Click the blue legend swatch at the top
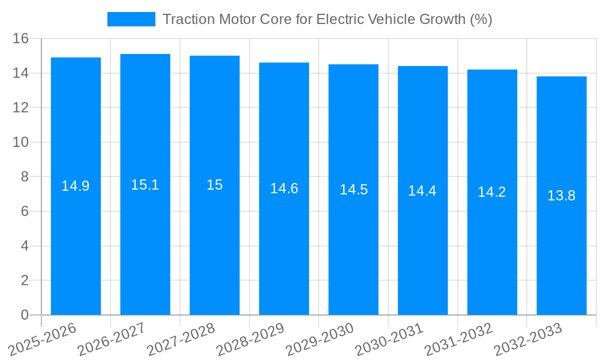tap(131, 19)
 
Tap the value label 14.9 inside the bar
tap(76, 186)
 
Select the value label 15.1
tap(145, 185)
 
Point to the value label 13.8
tap(562, 196)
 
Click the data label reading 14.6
tap(284, 188)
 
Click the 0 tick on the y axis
tap(25, 315)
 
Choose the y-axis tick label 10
tap(21, 142)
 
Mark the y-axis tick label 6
tap(25, 211)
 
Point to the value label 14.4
tap(422, 191)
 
